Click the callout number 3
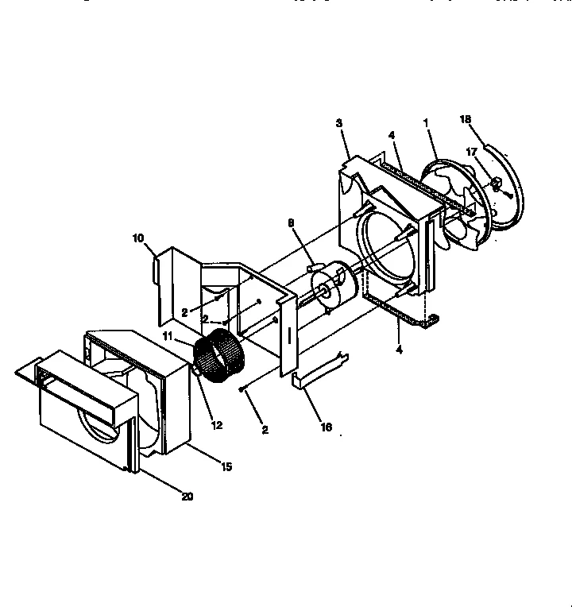339,123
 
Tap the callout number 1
426,123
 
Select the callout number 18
465,119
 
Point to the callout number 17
471,151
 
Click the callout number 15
226,466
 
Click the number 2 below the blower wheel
265,430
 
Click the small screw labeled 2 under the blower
240,390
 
